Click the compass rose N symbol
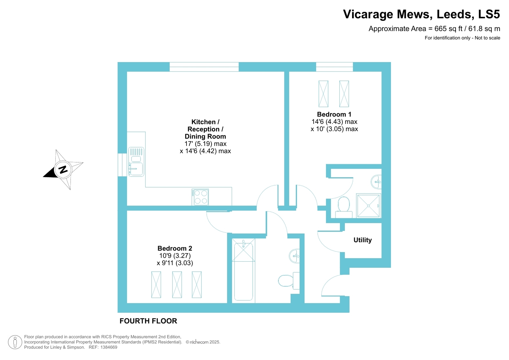tap(63, 170)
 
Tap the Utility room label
tap(363, 240)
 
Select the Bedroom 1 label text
tap(334, 114)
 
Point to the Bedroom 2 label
tap(175, 248)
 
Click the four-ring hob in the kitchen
tap(200, 197)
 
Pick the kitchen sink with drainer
tap(136, 162)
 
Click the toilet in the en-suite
tap(343, 207)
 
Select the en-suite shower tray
tap(368, 206)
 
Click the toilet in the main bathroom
tap(289, 281)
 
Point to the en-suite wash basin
tap(376, 182)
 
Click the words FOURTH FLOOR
tap(148, 321)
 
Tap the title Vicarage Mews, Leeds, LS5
tap(421, 14)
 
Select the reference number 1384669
tap(109, 347)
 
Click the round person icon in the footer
tap(15, 342)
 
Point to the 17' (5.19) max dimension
tap(205, 144)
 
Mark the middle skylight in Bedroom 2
tap(177, 285)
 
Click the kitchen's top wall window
tap(204, 67)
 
